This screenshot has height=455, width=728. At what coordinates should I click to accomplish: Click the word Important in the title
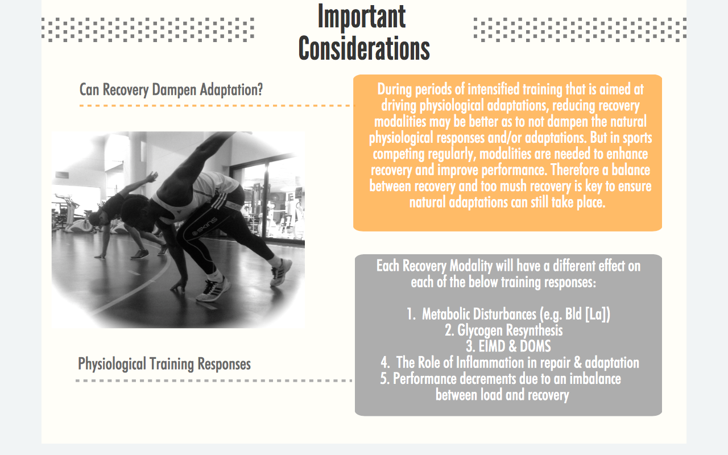click(362, 16)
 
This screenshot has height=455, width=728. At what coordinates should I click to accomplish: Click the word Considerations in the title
click(364, 49)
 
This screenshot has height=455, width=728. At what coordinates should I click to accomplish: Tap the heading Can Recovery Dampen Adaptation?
click(171, 90)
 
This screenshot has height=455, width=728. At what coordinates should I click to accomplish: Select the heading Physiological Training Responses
click(164, 364)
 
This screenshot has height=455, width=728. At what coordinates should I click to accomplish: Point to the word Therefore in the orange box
click(574, 170)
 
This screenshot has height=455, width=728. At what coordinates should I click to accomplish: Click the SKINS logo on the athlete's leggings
click(205, 226)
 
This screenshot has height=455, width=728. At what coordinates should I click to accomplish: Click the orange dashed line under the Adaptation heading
click(217, 106)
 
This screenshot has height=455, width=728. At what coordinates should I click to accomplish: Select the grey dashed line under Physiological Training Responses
click(214, 380)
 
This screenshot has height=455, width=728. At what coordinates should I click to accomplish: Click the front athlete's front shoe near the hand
click(213, 290)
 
